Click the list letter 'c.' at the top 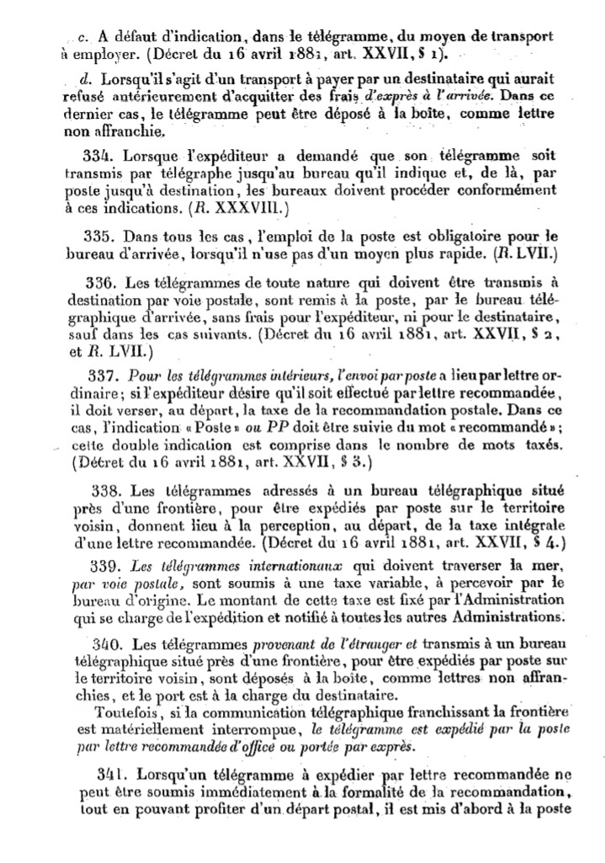[81, 37]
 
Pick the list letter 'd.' [81, 80]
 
